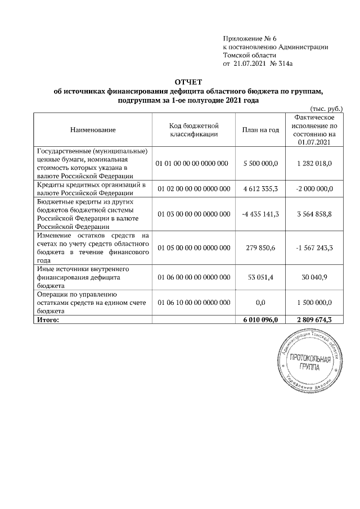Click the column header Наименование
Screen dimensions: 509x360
click(93, 130)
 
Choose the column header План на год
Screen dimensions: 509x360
click(260, 130)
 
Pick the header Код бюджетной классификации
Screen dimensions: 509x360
click(193, 130)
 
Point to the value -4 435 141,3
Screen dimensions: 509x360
click(260, 214)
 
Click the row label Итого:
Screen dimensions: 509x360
click(48, 320)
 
